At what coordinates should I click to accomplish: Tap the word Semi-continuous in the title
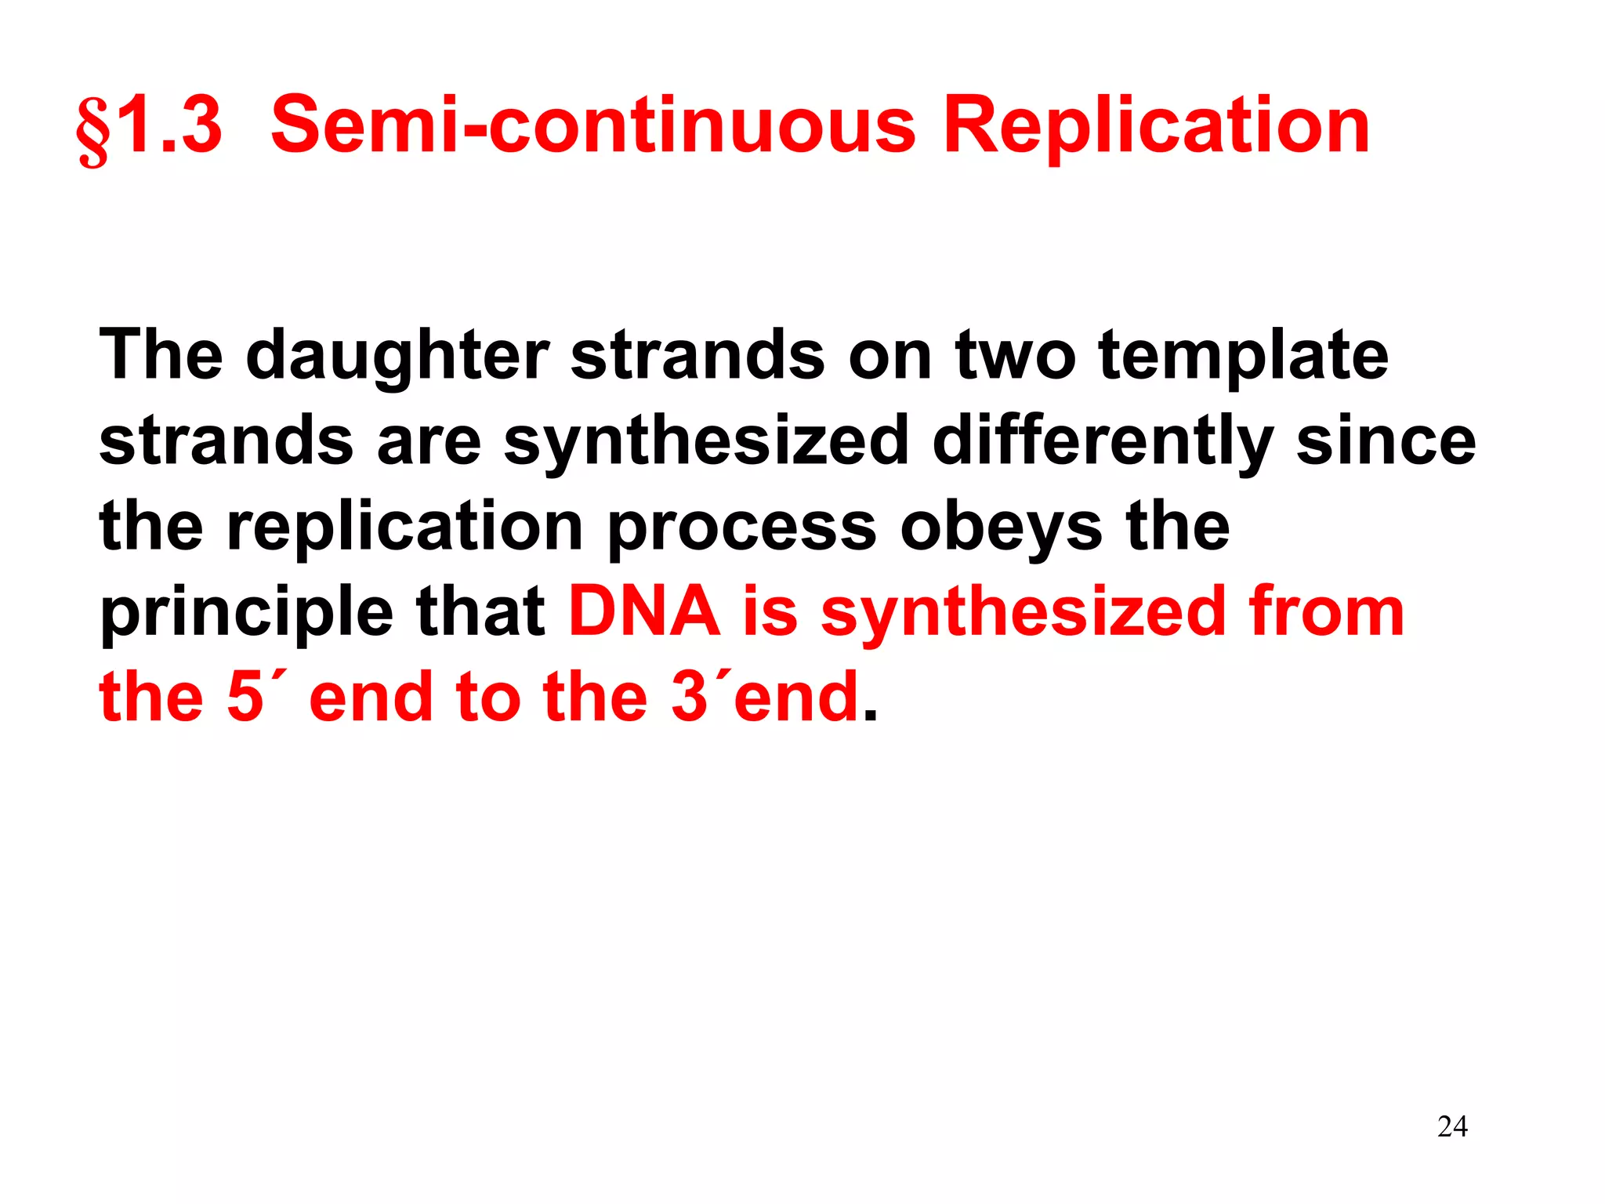pyautogui.click(x=592, y=125)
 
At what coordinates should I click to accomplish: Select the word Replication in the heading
pyautogui.click(x=1156, y=125)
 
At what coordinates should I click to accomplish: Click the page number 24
pyautogui.click(x=1452, y=1127)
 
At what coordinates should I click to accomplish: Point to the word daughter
pyautogui.click(x=397, y=357)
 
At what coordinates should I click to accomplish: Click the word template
pyautogui.click(x=1244, y=357)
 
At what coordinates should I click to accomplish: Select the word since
pyautogui.click(x=1386, y=441)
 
